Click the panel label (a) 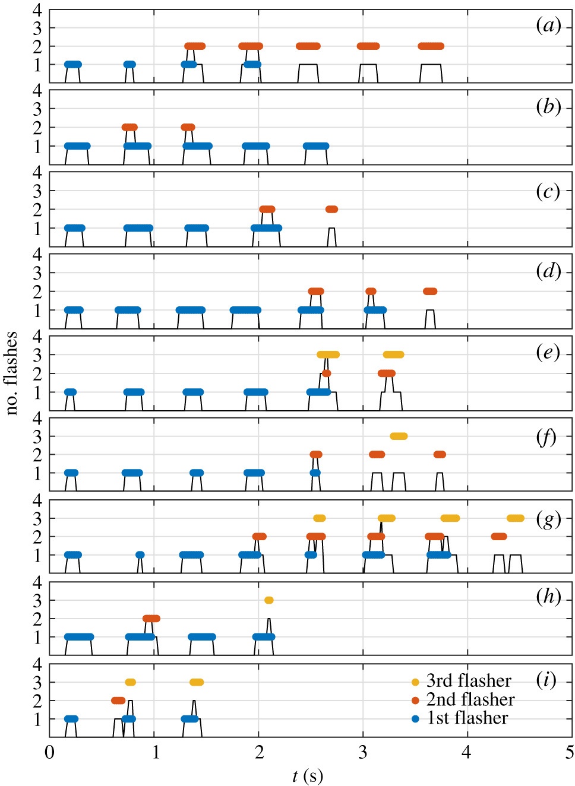[x=548, y=26]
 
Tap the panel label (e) [x=548, y=353]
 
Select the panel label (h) [x=548, y=597]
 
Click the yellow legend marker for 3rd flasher [x=415, y=682]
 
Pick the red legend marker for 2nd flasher [x=415, y=701]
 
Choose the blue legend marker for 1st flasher [x=415, y=719]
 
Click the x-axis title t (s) [x=308, y=775]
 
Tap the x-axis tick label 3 [x=363, y=753]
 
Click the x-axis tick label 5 [x=570, y=753]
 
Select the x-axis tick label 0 [x=50, y=753]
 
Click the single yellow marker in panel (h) [x=268, y=600]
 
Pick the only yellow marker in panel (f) [x=399, y=436]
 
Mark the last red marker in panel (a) [x=431, y=46]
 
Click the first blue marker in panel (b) [x=77, y=146]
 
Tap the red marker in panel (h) [x=151, y=619]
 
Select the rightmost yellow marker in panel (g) [x=515, y=518]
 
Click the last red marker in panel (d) [x=430, y=291]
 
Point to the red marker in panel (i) [x=118, y=701]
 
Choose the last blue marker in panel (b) [x=315, y=146]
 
